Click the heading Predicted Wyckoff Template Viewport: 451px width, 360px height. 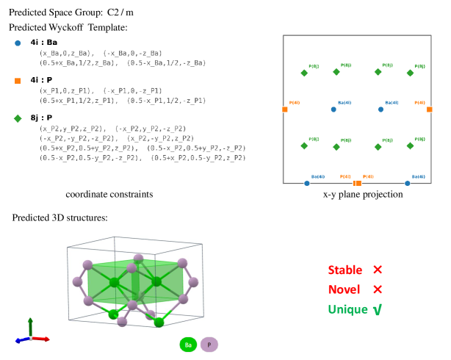(x=68, y=27)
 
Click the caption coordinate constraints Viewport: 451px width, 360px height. (x=109, y=195)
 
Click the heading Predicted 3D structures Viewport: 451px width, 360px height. (x=58, y=218)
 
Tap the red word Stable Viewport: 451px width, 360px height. (x=344, y=270)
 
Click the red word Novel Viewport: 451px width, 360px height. (x=343, y=289)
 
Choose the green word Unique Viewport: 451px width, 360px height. (x=347, y=309)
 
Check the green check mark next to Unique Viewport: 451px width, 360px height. (x=378, y=309)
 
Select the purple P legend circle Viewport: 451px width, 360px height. (x=209, y=344)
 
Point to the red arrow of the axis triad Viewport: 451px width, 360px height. (x=42, y=339)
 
